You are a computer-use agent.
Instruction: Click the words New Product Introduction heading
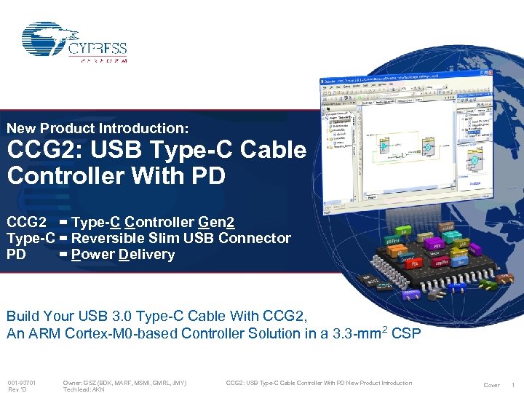coord(98,128)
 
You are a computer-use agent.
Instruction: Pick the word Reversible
coord(108,238)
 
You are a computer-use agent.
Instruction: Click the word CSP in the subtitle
coord(406,333)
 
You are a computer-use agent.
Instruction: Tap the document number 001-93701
coord(22,383)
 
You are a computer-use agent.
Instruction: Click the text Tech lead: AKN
coord(84,390)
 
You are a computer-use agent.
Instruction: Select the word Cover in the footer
coord(492,385)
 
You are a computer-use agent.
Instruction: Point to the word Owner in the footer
coord(73,383)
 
